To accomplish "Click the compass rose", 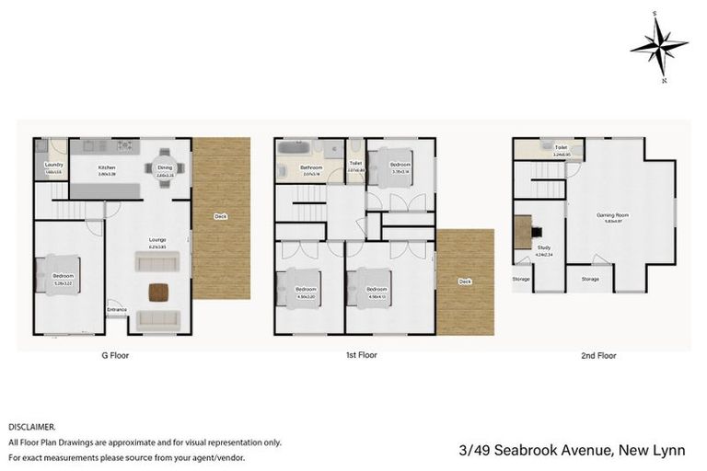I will (x=658, y=45).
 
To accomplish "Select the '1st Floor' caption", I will (x=361, y=354).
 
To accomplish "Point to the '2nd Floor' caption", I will (x=598, y=354).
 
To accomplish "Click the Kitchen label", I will (x=107, y=167).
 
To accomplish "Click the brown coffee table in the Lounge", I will (x=158, y=293).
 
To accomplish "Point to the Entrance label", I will (x=118, y=309).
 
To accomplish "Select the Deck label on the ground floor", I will (x=220, y=217).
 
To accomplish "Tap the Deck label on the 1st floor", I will (x=465, y=281).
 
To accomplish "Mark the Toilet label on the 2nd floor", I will (x=561, y=147).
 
